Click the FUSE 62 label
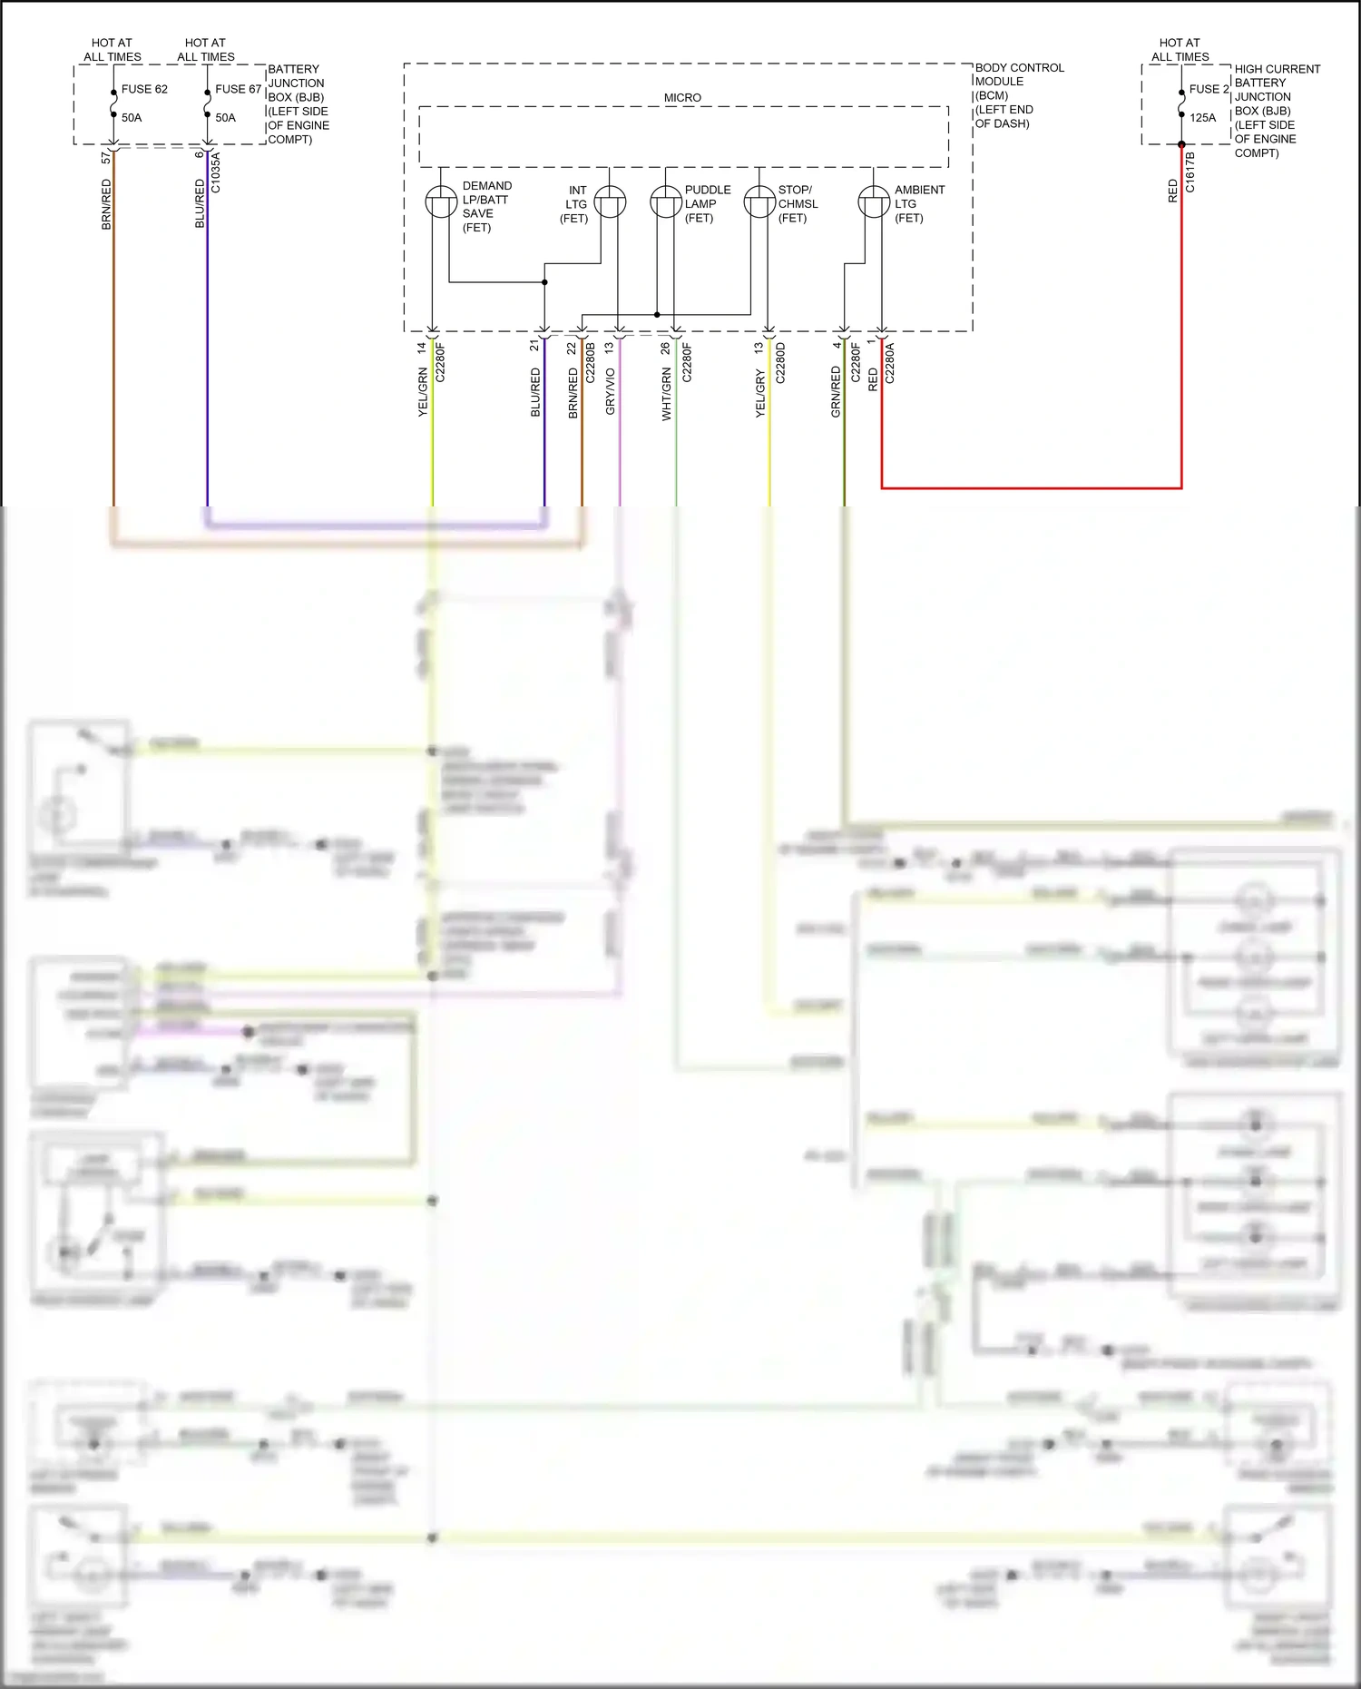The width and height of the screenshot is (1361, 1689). point(144,89)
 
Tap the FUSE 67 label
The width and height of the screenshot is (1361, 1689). point(238,89)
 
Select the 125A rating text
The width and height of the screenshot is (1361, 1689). point(1202,117)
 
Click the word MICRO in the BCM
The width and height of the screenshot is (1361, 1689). point(682,97)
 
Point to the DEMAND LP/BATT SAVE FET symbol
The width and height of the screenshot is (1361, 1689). point(441,201)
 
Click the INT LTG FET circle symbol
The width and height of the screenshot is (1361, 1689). point(610,201)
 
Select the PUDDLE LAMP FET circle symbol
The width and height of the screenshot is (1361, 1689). point(666,201)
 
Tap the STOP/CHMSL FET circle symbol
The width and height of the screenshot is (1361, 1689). point(759,201)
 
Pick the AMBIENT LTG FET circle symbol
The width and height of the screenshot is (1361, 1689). point(874,201)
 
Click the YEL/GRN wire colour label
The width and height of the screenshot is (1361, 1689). point(423,392)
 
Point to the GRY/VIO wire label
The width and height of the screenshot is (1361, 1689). point(610,391)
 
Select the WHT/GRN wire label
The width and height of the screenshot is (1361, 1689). point(666,394)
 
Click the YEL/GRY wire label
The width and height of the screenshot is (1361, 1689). point(759,394)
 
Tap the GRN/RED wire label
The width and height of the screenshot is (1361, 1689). point(836,391)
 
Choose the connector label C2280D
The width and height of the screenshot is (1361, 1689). point(780,362)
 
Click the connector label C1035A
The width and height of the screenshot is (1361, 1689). point(216,172)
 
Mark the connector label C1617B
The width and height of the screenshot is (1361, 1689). point(1190,172)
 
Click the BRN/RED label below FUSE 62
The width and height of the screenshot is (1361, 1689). point(106,203)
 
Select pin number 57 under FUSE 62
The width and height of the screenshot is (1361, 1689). point(106,157)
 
